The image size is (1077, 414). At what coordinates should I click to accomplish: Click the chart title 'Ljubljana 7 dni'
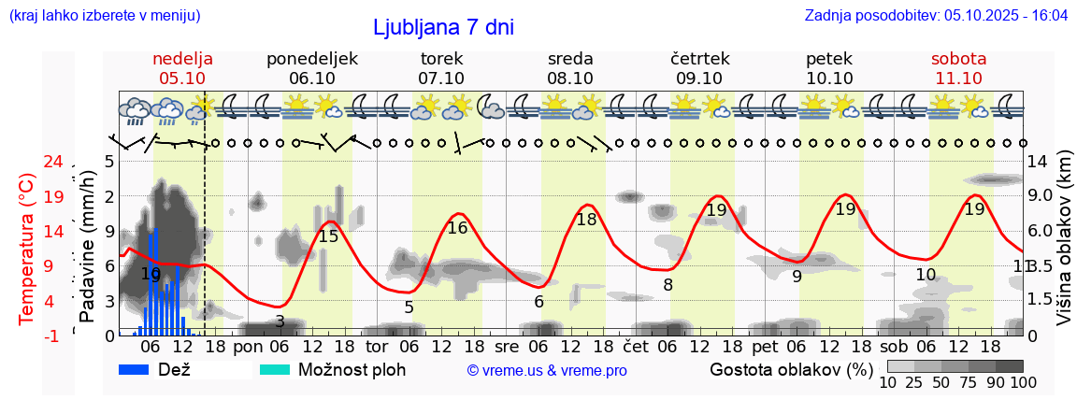443,27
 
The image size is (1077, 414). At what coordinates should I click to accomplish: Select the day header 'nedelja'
183,59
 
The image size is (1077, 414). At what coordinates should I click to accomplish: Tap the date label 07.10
441,79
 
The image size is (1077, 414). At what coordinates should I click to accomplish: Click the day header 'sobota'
958,59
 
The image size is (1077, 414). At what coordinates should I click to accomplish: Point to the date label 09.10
699,79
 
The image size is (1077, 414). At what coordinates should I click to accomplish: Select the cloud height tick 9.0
1041,196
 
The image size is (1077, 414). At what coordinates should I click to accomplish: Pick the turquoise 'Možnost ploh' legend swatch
275,369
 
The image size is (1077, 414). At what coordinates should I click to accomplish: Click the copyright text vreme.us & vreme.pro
547,371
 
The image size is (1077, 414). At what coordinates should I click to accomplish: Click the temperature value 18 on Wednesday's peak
586,220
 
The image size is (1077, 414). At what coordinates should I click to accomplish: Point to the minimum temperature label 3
280,321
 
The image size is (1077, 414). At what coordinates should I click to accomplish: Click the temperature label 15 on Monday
328,236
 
